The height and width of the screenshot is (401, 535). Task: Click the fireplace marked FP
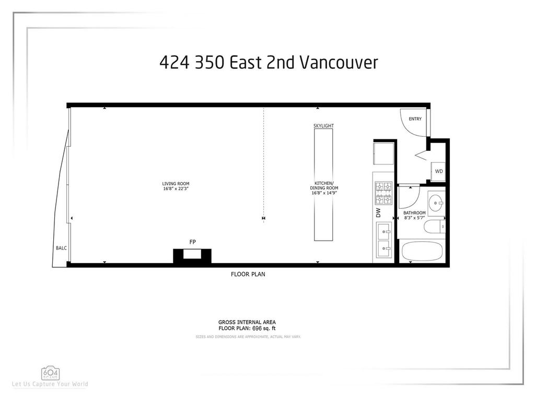192,255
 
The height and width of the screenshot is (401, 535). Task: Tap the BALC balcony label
61,248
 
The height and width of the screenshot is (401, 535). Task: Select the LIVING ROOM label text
176,184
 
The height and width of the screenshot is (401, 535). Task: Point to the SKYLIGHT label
323,126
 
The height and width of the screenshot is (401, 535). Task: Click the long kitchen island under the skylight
323,185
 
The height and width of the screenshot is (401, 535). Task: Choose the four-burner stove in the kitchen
383,193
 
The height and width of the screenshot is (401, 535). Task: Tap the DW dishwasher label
378,213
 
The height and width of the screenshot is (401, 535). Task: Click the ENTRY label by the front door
415,119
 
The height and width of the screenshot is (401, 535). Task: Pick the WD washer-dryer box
439,171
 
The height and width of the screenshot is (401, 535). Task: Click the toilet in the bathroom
433,227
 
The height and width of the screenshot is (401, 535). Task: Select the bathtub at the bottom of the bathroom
422,252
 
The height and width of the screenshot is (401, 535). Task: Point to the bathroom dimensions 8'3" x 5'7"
414,218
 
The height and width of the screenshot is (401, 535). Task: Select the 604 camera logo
51,373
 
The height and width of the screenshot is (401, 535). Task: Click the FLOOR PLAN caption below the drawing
248,274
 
